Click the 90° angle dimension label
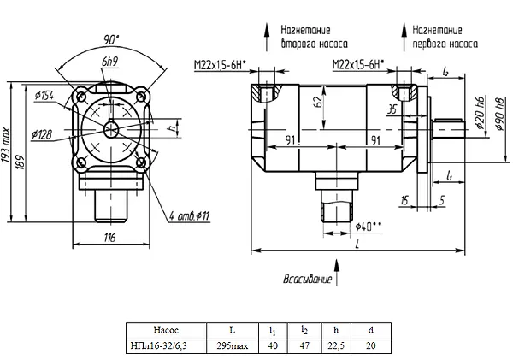(111, 39)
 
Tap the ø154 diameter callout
(44, 95)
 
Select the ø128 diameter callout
(42, 134)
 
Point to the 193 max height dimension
(6, 145)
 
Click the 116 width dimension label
(110, 238)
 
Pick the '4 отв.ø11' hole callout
(190, 216)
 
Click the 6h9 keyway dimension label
(110, 62)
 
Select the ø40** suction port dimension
(368, 226)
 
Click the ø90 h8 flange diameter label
(500, 115)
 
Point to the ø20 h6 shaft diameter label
(480, 113)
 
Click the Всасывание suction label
(307, 279)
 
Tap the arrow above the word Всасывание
(336, 272)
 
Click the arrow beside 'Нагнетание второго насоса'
(267, 37)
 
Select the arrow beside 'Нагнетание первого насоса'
(404, 37)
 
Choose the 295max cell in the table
(233, 346)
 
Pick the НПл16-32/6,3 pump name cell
(159, 346)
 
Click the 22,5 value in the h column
(336, 346)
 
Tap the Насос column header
(166, 330)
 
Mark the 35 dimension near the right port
(392, 109)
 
